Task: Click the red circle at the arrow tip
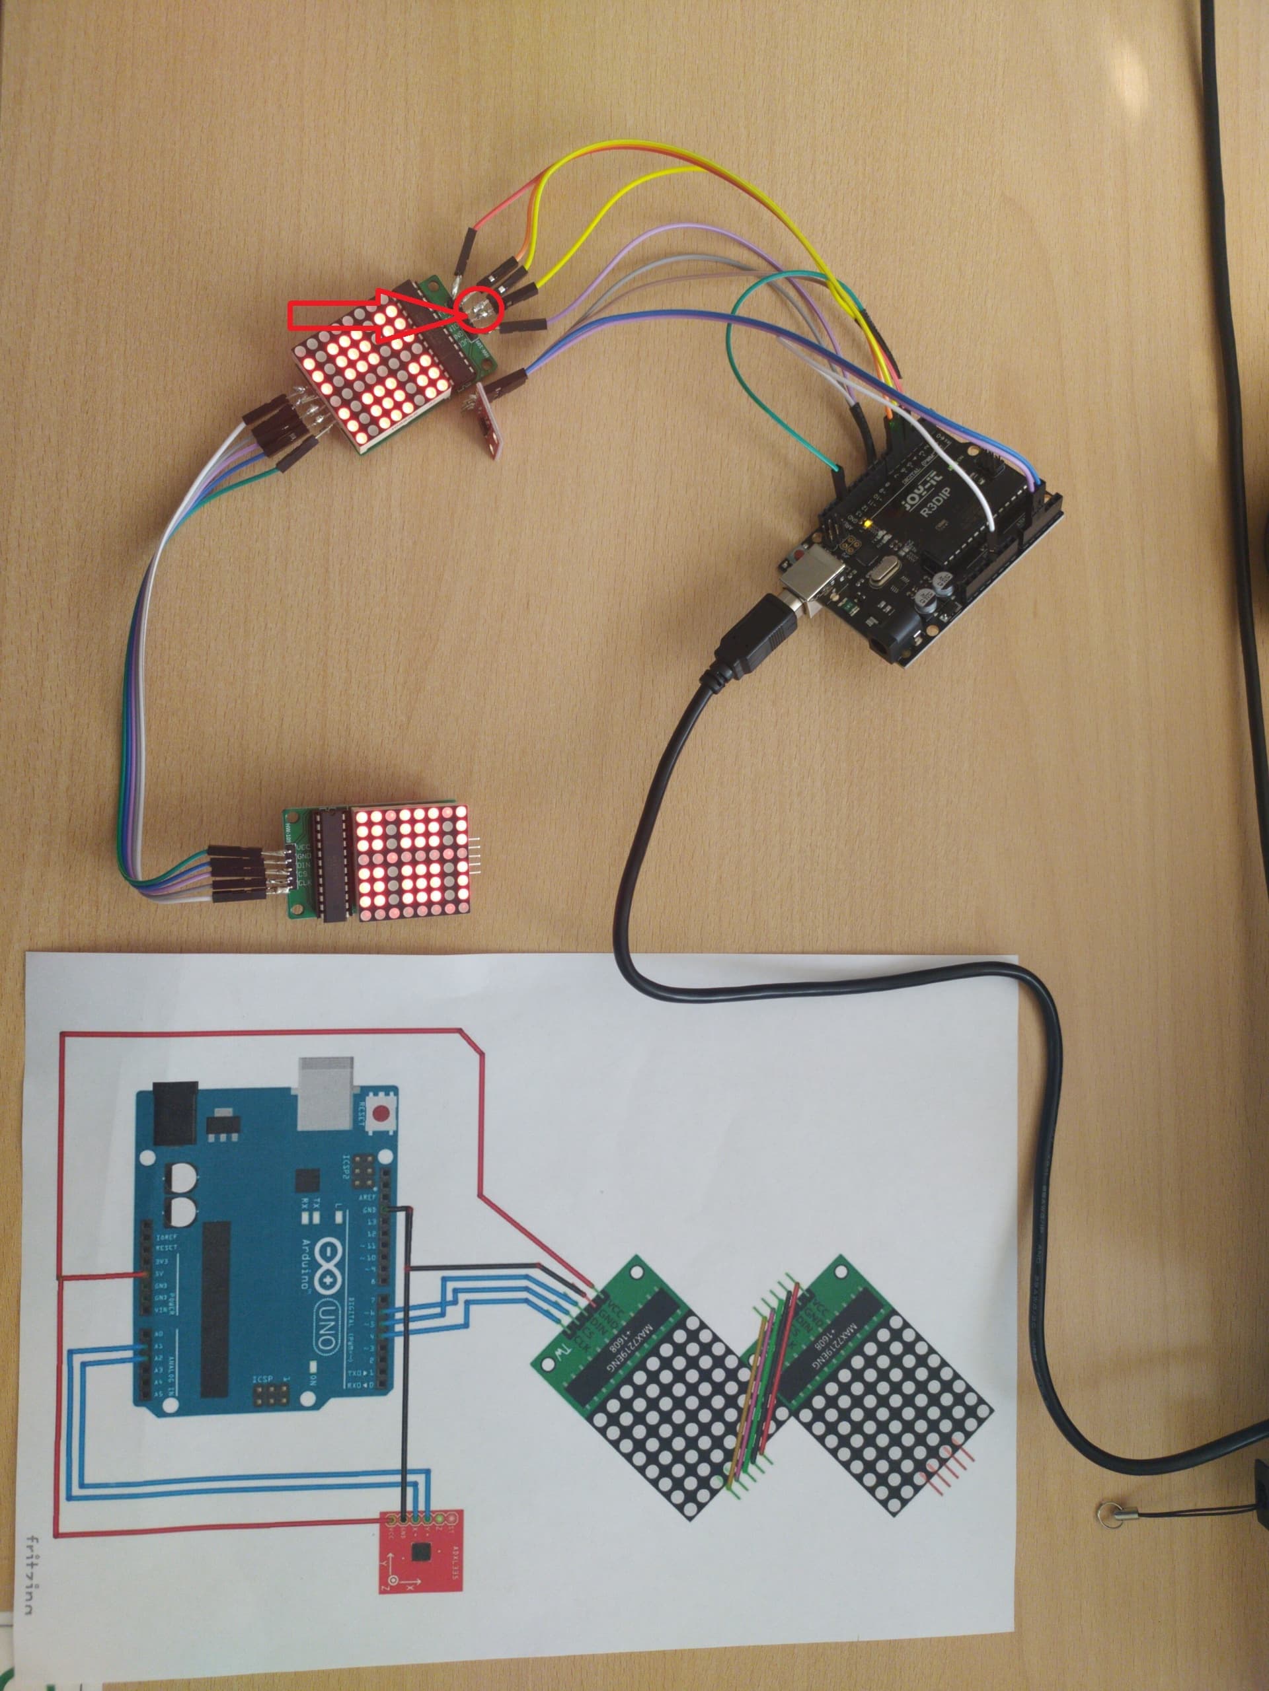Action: (478, 310)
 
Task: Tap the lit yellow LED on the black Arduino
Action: (866, 525)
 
